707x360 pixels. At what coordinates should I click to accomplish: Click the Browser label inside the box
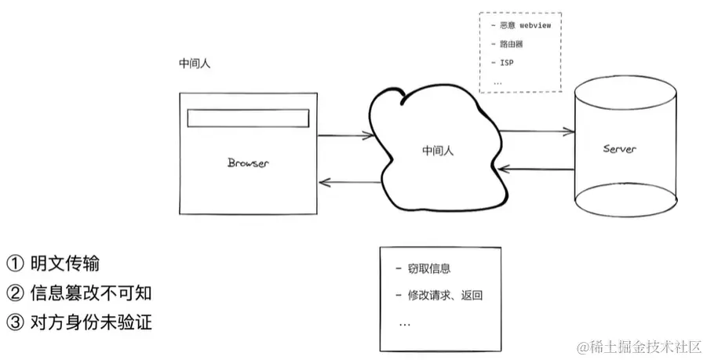point(248,163)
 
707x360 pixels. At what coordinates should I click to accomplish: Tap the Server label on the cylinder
point(620,149)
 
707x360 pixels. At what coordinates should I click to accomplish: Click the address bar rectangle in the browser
point(248,118)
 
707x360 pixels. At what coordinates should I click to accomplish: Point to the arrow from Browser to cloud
point(345,135)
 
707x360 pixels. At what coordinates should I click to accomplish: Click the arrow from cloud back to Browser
point(345,183)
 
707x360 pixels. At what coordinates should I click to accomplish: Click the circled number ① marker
point(16,264)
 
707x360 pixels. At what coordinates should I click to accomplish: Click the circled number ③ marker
point(16,322)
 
